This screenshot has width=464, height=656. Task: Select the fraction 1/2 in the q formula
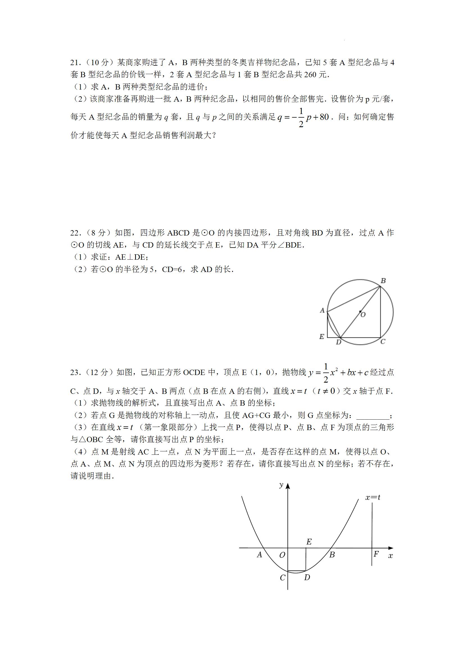pyautogui.click(x=301, y=117)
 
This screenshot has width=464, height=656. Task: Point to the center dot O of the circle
pyautogui.click(x=360, y=311)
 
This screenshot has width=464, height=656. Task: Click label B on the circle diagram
pyautogui.click(x=383, y=281)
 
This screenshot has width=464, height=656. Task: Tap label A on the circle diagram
pyautogui.click(x=322, y=310)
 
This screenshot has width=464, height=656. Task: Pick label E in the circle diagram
pyautogui.click(x=322, y=337)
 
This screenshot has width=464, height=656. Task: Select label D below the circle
pyautogui.click(x=338, y=342)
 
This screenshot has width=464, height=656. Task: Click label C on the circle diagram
pyautogui.click(x=383, y=341)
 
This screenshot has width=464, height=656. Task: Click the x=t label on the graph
pyautogui.click(x=373, y=497)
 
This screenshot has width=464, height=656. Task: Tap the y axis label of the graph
pyautogui.click(x=281, y=484)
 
